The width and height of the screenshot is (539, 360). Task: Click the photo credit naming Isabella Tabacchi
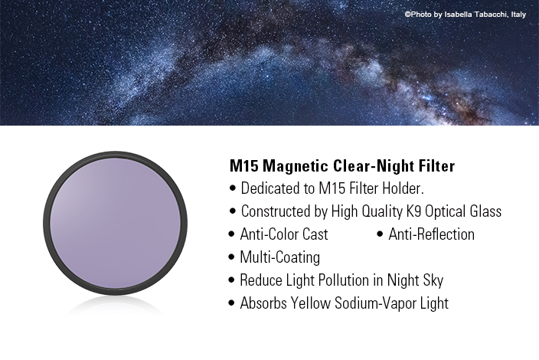[x=465, y=15]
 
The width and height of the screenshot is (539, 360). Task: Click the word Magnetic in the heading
[x=296, y=165]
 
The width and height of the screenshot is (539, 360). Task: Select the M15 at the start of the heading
[x=243, y=165]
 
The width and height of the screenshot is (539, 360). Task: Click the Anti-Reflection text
[x=431, y=234]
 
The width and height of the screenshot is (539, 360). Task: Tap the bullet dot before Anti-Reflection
[x=380, y=234]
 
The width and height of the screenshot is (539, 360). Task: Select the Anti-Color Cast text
[x=284, y=234]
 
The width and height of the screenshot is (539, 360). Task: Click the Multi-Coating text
[x=279, y=257]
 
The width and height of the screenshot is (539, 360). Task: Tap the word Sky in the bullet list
[x=433, y=280]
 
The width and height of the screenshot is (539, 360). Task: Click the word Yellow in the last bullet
[x=310, y=303]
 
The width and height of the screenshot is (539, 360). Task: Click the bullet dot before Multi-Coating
[x=231, y=257]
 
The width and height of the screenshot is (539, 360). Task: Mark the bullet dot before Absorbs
[x=231, y=303]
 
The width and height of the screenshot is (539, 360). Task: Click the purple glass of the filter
[x=115, y=224]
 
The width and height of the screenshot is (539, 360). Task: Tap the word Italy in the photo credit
[x=518, y=15]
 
